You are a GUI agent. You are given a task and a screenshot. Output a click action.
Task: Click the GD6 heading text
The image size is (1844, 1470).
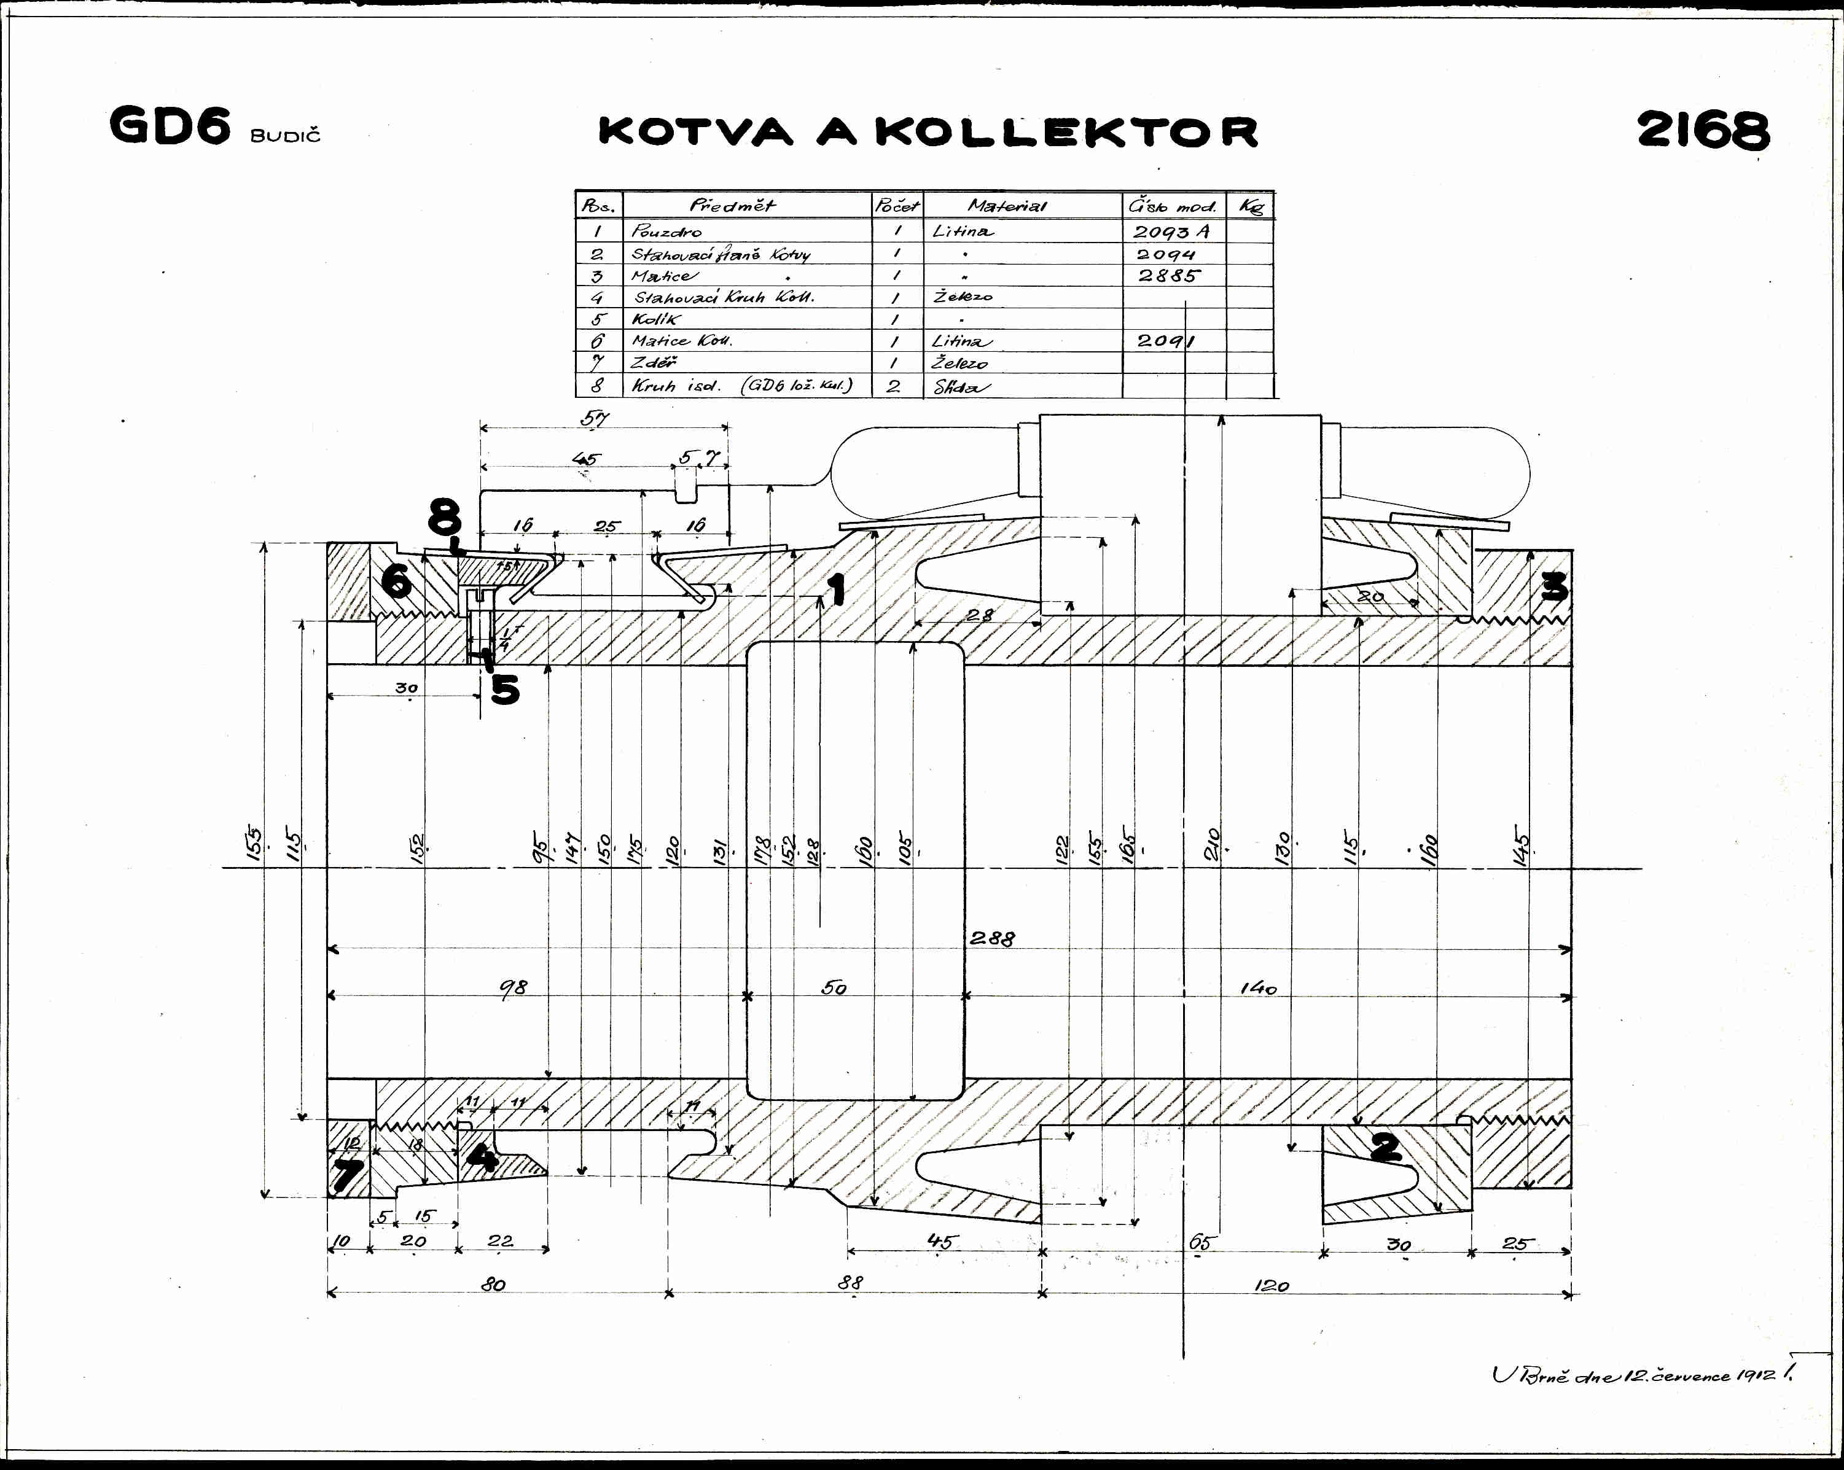tap(170, 126)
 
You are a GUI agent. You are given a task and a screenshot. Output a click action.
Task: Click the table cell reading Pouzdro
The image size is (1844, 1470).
tap(666, 231)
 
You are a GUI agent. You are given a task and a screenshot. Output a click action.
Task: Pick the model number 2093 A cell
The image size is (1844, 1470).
tap(1171, 231)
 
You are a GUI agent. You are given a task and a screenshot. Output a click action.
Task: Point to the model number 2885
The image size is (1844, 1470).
tap(1168, 275)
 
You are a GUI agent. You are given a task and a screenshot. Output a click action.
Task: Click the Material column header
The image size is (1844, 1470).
tap(1007, 205)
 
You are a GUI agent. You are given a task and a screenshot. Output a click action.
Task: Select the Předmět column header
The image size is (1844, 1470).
tap(732, 205)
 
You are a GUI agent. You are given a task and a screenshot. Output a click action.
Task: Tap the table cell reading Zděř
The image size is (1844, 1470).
tap(654, 362)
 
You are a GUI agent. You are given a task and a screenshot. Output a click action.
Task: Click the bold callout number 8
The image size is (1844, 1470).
tap(445, 518)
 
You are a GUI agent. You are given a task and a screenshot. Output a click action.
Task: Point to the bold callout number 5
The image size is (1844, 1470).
tap(505, 688)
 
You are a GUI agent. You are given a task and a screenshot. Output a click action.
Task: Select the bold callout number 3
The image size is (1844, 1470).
tap(1554, 586)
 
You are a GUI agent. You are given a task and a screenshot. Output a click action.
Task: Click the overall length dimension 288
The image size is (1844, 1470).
tap(992, 938)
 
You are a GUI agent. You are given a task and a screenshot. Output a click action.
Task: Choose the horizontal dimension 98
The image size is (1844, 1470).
tap(513, 988)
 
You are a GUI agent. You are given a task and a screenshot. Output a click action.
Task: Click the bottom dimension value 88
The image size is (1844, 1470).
tap(850, 1283)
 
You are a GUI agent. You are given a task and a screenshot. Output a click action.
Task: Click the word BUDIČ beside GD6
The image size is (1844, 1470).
tap(286, 136)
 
